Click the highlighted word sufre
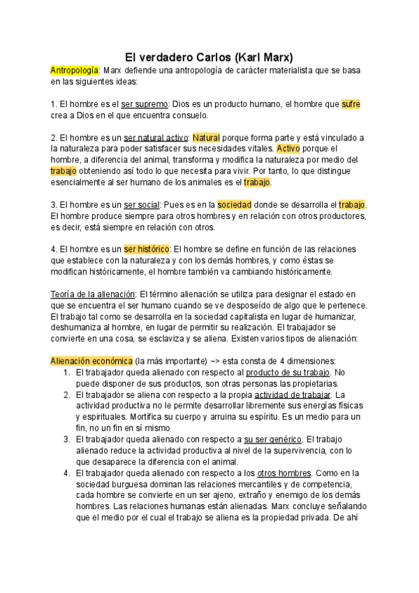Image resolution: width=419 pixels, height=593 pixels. click(351, 104)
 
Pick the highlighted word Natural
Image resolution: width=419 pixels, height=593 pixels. click(206, 138)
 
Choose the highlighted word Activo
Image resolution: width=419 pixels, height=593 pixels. click(291, 149)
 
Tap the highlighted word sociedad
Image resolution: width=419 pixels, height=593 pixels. click(234, 205)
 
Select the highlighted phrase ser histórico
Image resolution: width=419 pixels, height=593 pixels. click(147, 249)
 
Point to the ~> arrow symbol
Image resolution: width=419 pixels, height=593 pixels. click(206, 361)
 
